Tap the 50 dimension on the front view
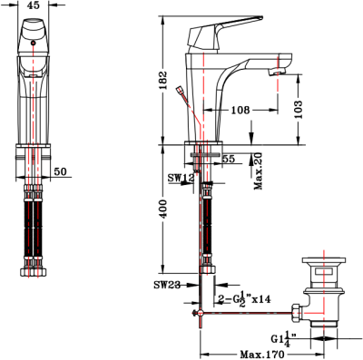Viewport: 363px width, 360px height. [x=61, y=170]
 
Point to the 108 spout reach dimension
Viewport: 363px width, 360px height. [x=240, y=110]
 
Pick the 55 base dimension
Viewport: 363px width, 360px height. [x=230, y=160]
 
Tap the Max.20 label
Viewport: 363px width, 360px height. [x=259, y=170]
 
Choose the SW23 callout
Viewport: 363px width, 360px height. [x=168, y=285]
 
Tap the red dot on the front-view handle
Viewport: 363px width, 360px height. [x=34, y=42]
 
